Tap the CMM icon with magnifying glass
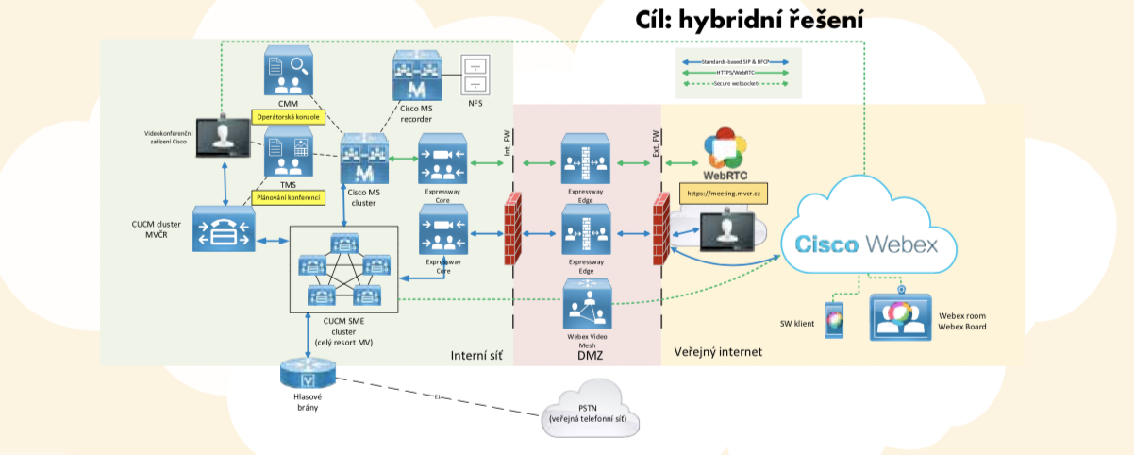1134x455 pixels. click(x=288, y=70)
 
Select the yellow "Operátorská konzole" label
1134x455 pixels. click(x=287, y=118)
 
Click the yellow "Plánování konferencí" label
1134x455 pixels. click(x=288, y=198)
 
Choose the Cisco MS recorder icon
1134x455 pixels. click(x=415, y=75)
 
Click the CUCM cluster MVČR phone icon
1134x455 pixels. click(x=223, y=229)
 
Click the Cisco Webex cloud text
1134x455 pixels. click(x=866, y=244)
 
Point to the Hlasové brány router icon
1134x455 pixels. click(x=308, y=374)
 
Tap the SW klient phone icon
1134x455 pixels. click(x=833, y=318)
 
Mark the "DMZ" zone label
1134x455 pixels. click(x=589, y=355)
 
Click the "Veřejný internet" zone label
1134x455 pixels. click(x=717, y=352)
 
